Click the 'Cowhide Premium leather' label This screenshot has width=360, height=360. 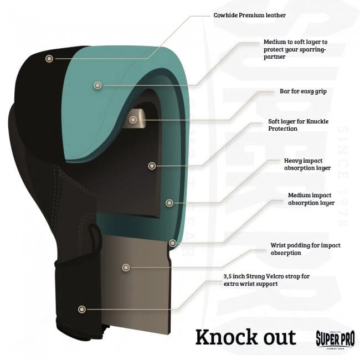250,16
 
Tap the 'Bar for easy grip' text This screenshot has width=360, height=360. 303,91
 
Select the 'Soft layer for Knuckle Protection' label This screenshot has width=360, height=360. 298,125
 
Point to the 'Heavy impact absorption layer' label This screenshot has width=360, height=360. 307,164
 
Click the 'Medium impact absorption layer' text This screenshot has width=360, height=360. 311,199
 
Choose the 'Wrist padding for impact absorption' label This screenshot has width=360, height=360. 305,249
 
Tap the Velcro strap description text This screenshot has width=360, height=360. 266,280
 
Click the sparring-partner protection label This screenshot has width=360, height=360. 296,49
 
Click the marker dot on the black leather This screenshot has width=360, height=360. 49,59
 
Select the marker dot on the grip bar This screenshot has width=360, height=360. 133,120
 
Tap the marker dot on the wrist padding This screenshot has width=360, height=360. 126,268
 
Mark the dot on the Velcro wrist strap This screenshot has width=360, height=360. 82,309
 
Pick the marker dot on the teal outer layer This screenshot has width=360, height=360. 98,85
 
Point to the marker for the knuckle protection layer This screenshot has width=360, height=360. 152,166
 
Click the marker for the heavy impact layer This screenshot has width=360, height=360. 169,203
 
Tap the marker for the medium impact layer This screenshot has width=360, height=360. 173,243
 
